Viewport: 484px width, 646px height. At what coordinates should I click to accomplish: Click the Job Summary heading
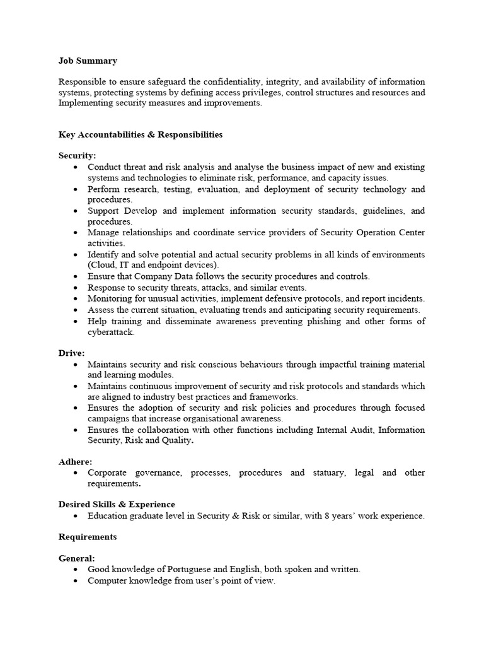tap(88, 61)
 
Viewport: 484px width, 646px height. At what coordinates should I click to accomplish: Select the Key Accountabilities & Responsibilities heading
tap(140, 134)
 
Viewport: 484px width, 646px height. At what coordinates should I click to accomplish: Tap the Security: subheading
tap(78, 156)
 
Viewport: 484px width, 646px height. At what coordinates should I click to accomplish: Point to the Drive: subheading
tap(71, 353)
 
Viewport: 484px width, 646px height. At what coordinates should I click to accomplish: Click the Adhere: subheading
tap(75, 462)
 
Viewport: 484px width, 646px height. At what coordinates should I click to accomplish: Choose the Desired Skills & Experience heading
tap(117, 505)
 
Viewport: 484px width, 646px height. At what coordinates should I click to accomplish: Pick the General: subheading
tap(77, 558)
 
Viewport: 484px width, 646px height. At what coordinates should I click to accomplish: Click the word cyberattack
tap(110, 332)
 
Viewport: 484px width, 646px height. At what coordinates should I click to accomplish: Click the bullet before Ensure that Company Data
tap(76, 276)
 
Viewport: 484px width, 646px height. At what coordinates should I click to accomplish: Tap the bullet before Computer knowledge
tap(76, 580)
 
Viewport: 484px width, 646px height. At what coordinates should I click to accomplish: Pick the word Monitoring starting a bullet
tap(110, 298)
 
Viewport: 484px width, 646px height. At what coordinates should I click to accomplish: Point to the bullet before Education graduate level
tap(76, 516)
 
